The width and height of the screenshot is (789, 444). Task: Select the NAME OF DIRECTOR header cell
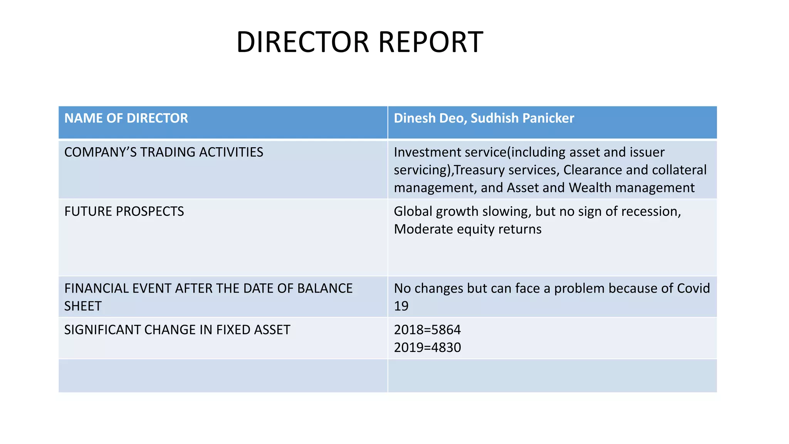tap(126, 118)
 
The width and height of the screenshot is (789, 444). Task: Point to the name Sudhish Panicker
tap(522, 118)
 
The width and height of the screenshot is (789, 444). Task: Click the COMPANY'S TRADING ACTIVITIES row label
tap(164, 152)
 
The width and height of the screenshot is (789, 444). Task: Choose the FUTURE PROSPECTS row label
tap(124, 211)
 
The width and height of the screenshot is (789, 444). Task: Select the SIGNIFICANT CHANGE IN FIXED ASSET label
tap(177, 330)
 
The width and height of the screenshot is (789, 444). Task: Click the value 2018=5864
tap(427, 330)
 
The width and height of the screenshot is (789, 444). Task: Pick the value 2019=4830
tap(427, 347)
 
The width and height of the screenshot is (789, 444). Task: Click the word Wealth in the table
tap(590, 188)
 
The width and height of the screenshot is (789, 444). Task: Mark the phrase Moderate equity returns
tap(468, 229)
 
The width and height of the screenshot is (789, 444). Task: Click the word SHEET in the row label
tap(83, 306)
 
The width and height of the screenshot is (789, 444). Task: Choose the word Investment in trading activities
tap(427, 152)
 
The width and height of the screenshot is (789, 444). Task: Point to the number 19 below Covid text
tap(401, 306)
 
